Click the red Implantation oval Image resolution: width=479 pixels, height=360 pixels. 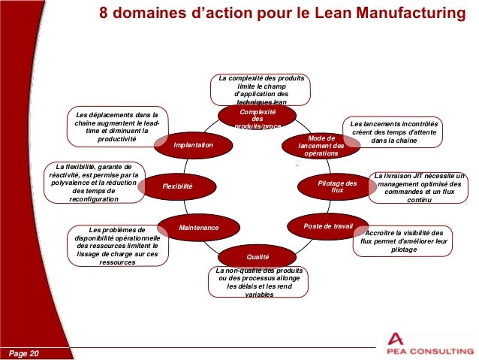click(x=193, y=145)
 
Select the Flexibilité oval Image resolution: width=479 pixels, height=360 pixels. click(x=178, y=186)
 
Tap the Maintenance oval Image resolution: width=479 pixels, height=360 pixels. click(x=199, y=227)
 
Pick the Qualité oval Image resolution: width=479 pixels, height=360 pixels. click(x=258, y=256)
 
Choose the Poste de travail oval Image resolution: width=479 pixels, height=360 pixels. click(x=327, y=225)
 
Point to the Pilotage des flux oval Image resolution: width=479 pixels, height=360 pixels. click(x=337, y=186)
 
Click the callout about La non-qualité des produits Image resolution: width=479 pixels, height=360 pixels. click(x=259, y=283)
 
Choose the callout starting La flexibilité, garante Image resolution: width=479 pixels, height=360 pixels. click(x=93, y=183)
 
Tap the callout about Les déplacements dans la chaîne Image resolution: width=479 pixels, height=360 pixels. click(x=117, y=126)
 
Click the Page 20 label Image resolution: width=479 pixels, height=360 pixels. click(x=25, y=352)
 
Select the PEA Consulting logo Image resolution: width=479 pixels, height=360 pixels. click(x=426, y=341)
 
